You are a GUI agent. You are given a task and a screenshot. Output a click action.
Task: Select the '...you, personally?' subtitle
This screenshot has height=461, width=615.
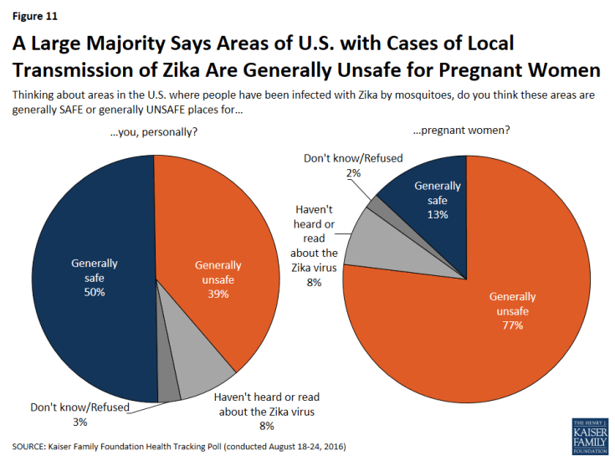point(156,132)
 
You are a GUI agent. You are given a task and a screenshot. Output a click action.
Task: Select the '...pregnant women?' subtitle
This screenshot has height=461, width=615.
point(465,132)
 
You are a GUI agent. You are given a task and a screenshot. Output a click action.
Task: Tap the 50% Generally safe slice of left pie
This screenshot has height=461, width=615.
point(92,276)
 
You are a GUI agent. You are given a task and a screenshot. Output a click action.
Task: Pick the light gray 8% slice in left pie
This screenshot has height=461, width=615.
point(201,372)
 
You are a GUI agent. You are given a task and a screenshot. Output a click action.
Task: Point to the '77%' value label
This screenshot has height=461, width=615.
point(512,325)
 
